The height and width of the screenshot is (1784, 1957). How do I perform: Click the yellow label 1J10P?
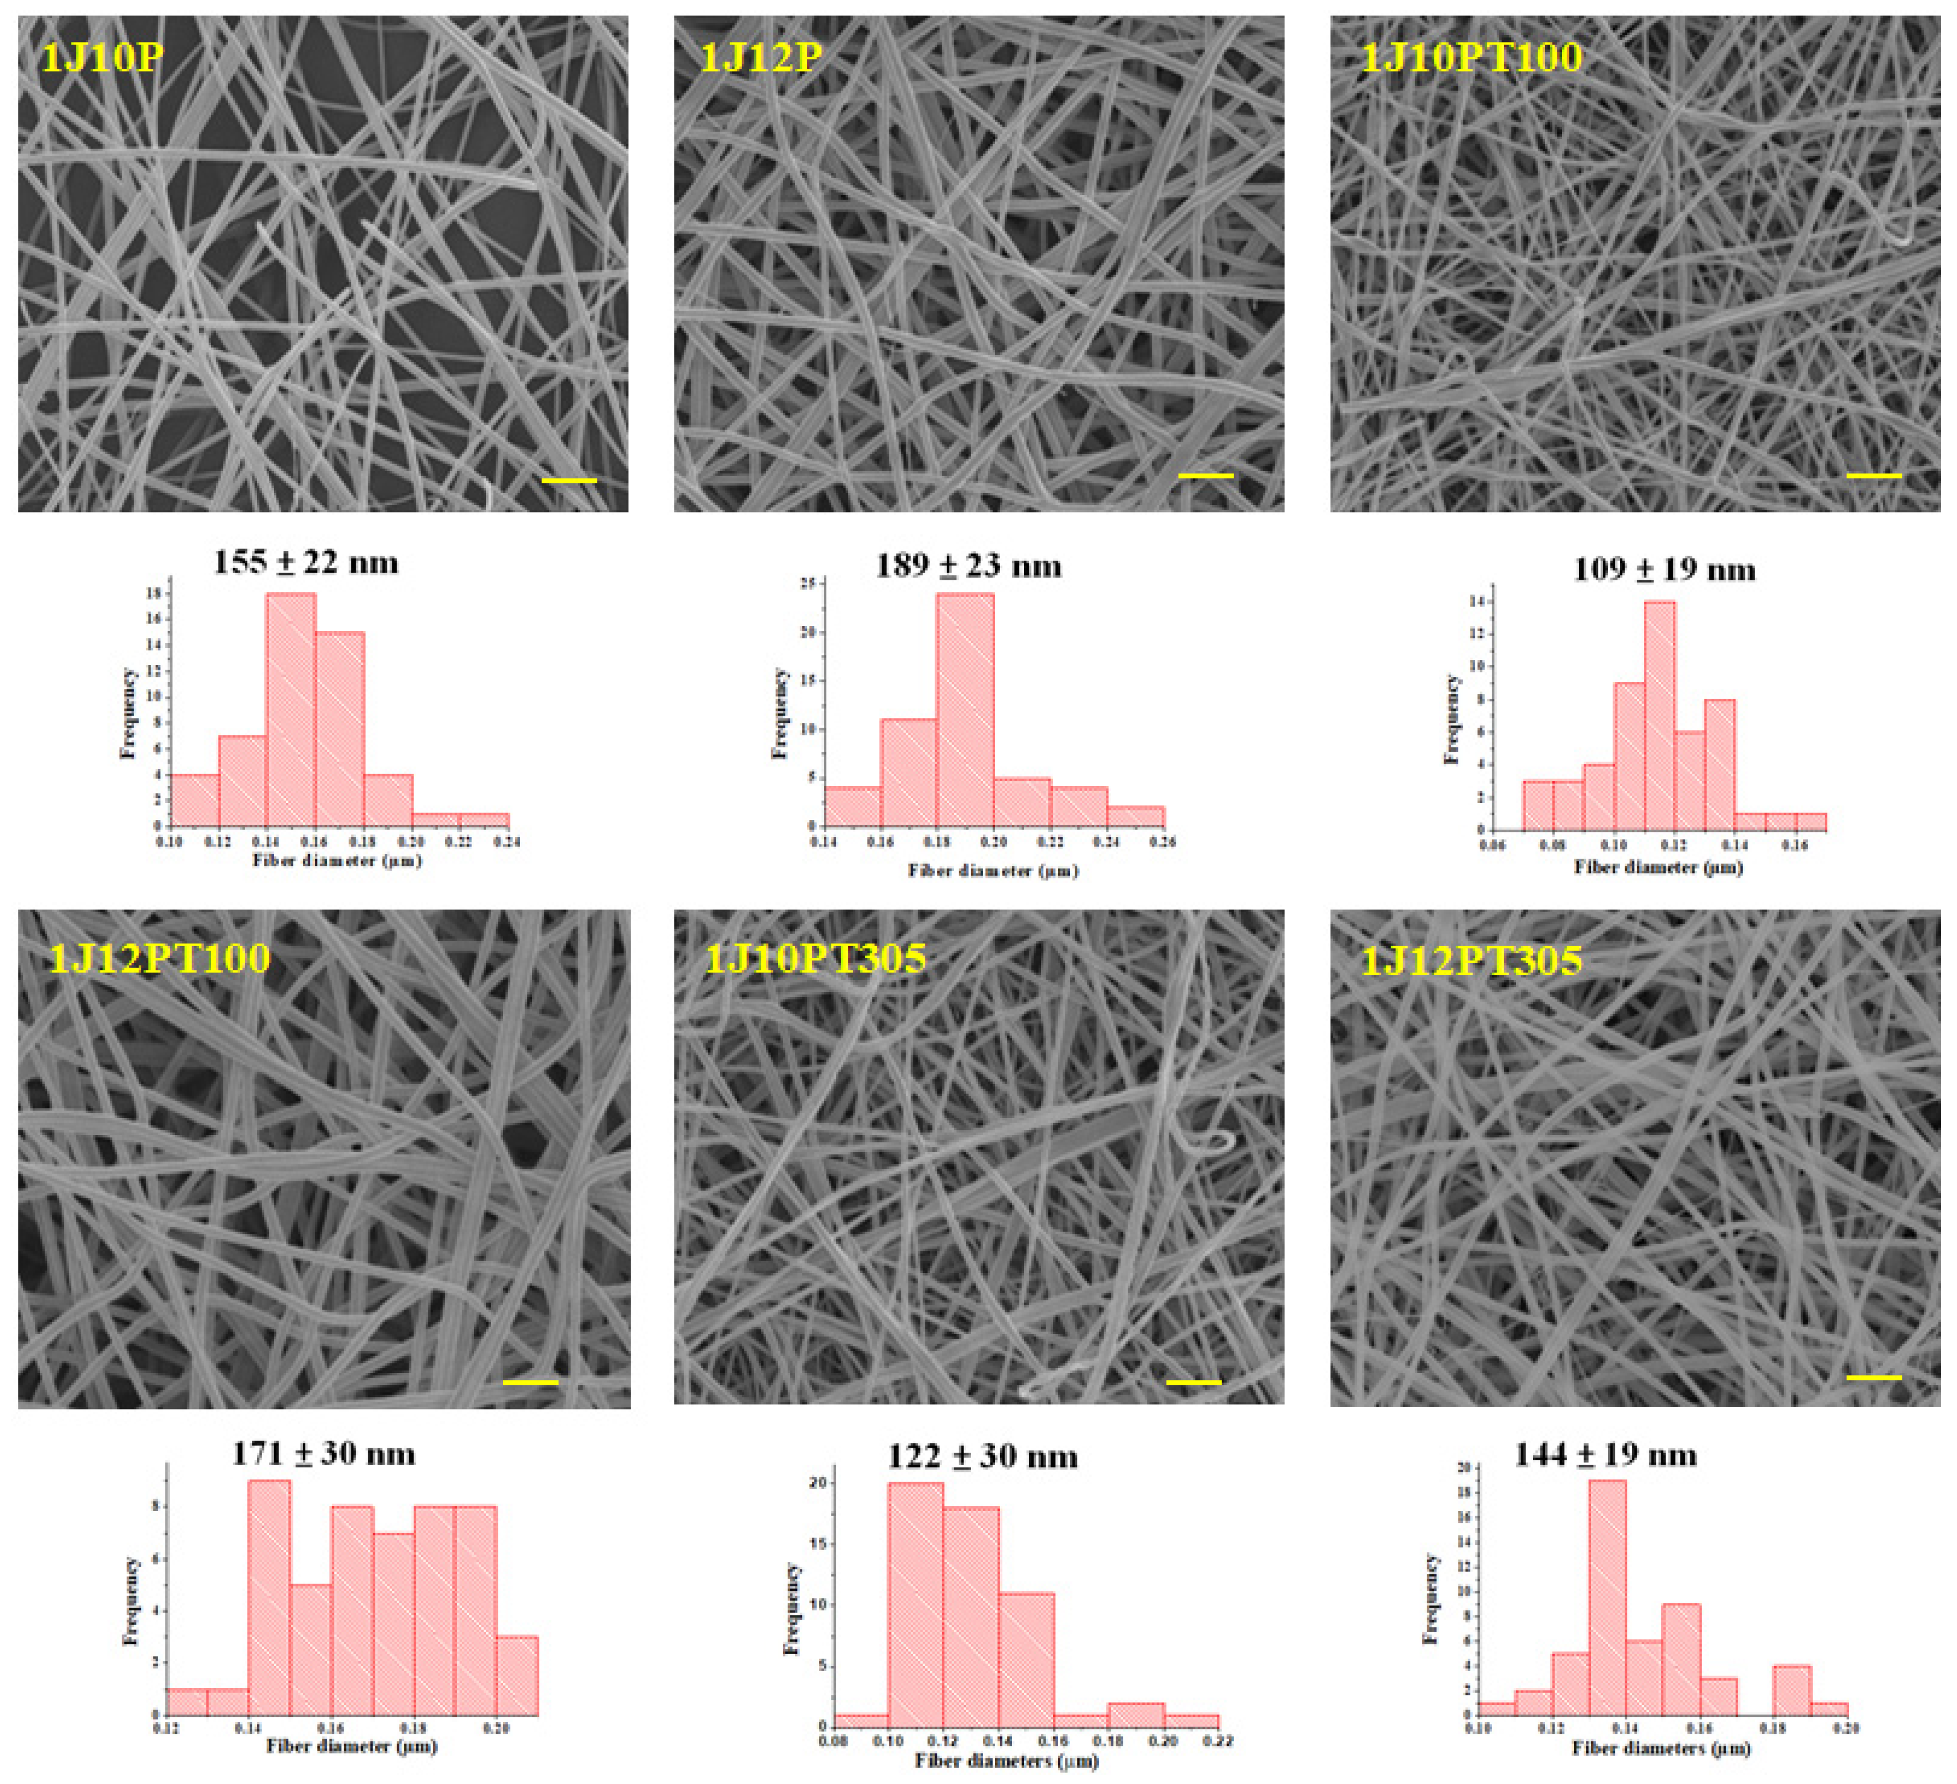tap(101, 58)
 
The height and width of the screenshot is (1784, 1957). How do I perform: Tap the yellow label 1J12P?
tap(760, 58)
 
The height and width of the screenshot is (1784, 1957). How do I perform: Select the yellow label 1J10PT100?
tap(1471, 58)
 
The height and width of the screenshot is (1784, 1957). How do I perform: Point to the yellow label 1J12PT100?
tap(159, 959)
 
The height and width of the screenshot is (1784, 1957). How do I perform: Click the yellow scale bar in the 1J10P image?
tap(569, 480)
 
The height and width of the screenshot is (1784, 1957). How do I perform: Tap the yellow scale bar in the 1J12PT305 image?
tap(1874, 1377)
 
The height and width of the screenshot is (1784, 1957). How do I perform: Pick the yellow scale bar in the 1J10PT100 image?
tap(1874, 476)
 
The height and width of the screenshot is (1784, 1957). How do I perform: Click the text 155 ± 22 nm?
tap(306, 562)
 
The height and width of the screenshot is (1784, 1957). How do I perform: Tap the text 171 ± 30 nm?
tap(323, 1454)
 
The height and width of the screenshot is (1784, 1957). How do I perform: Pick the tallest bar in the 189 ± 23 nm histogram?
tap(965, 709)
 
